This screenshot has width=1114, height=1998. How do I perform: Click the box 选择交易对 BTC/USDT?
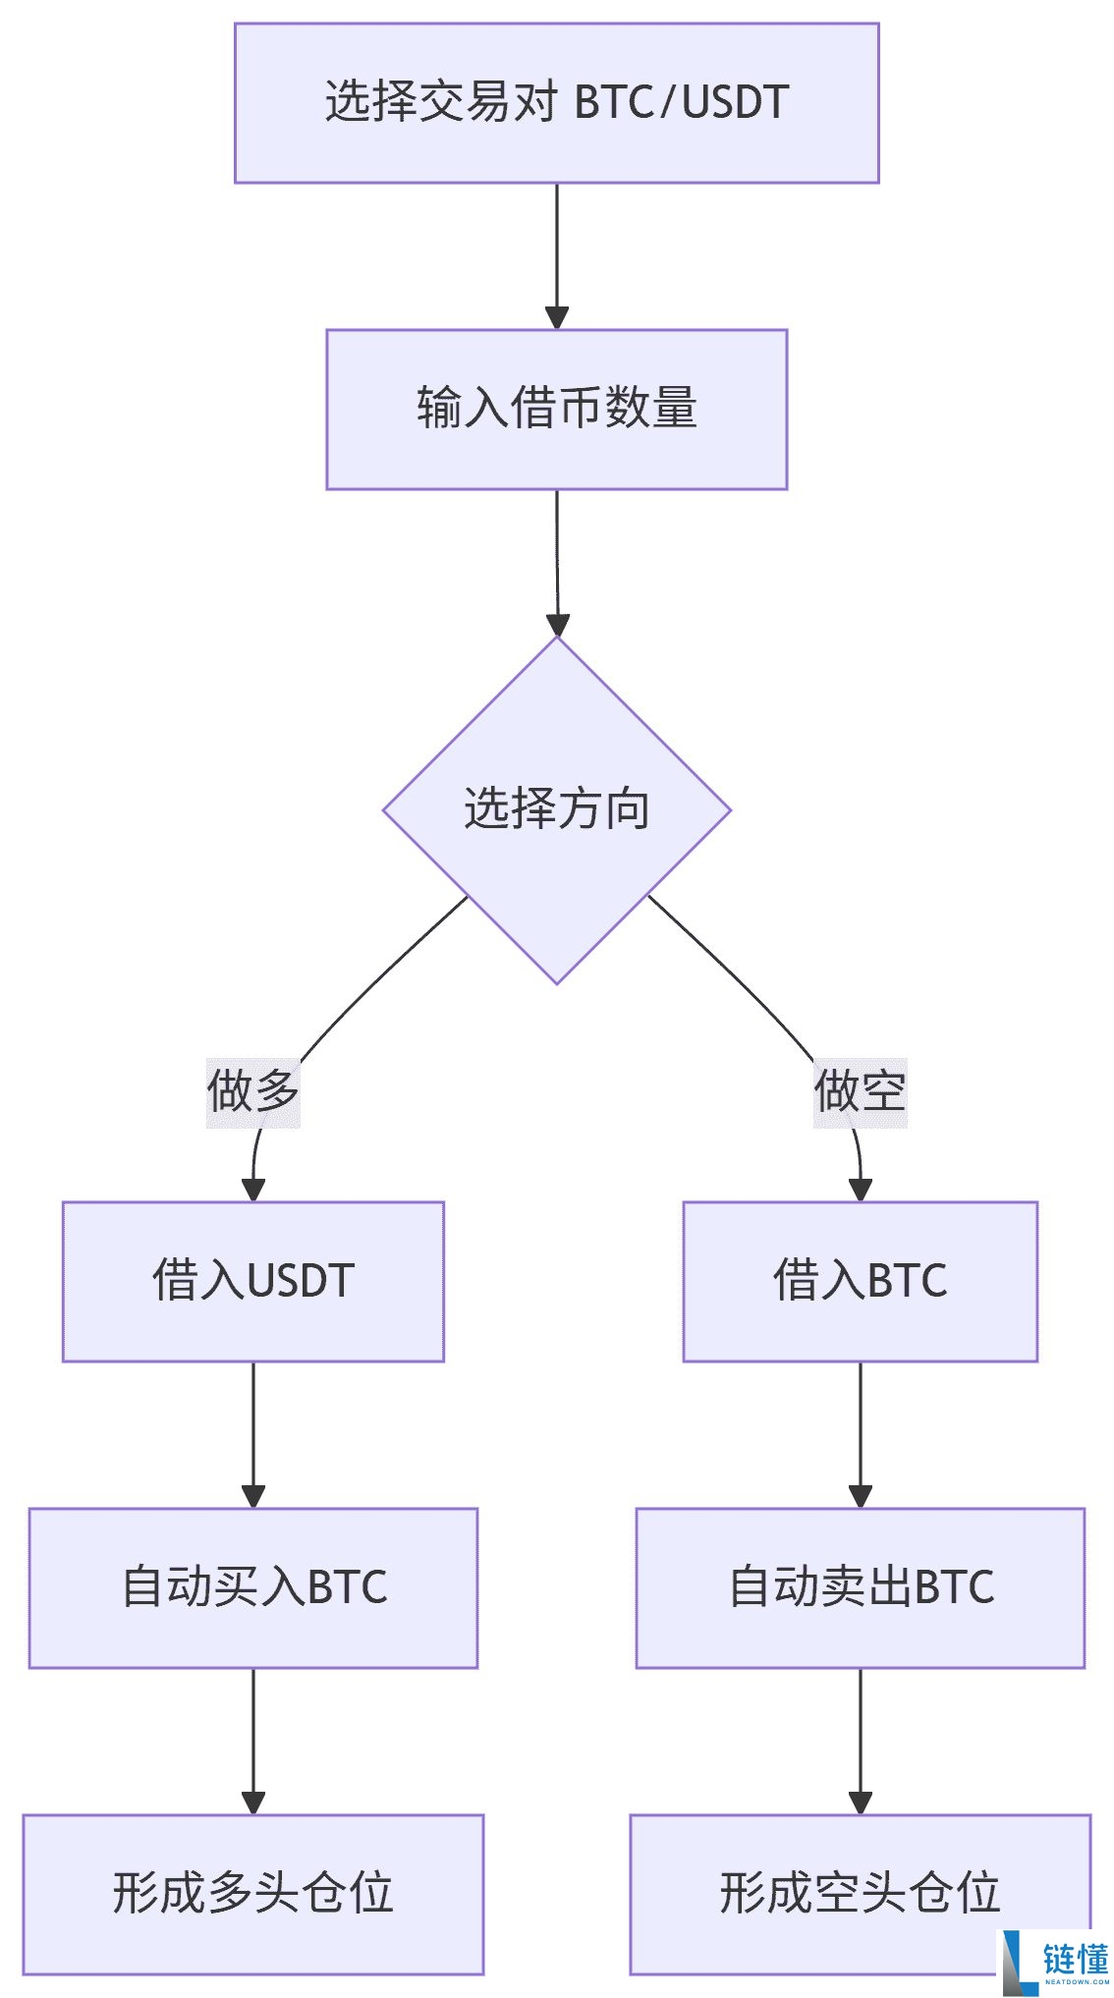pos(556,103)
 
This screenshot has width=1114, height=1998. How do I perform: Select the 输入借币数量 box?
pos(556,409)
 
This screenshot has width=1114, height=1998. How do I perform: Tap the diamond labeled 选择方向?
pos(556,809)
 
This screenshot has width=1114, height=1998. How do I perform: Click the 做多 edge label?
pos(252,1091)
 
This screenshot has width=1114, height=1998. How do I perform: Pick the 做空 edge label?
pos(860,1091)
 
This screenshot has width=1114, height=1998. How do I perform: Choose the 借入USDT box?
pos(252,1281)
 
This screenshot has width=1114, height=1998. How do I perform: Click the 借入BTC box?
pos(860,1281)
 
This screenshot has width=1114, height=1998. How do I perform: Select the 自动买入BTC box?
pos(252,1587)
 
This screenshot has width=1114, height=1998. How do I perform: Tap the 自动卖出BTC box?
pos(860,1587)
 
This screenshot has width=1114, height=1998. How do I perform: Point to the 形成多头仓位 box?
pos(252,1894)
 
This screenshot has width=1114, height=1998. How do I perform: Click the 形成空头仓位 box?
pos(860,1894)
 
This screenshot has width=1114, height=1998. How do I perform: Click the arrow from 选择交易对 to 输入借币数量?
pos(556,255)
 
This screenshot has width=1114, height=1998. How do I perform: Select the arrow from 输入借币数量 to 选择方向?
pos(557,562)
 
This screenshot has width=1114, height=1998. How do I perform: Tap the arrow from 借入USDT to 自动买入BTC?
pos(252,1434)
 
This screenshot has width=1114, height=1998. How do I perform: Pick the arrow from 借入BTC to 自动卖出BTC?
pos(860,1434)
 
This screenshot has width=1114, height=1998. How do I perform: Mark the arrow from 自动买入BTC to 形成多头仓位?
pos(252,1741)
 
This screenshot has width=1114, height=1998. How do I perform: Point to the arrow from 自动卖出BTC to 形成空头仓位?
pos(860,1741)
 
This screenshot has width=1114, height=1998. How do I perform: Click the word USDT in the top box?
pos(735,103)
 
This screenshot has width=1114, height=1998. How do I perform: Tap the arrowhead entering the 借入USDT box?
pos(252,1190)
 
